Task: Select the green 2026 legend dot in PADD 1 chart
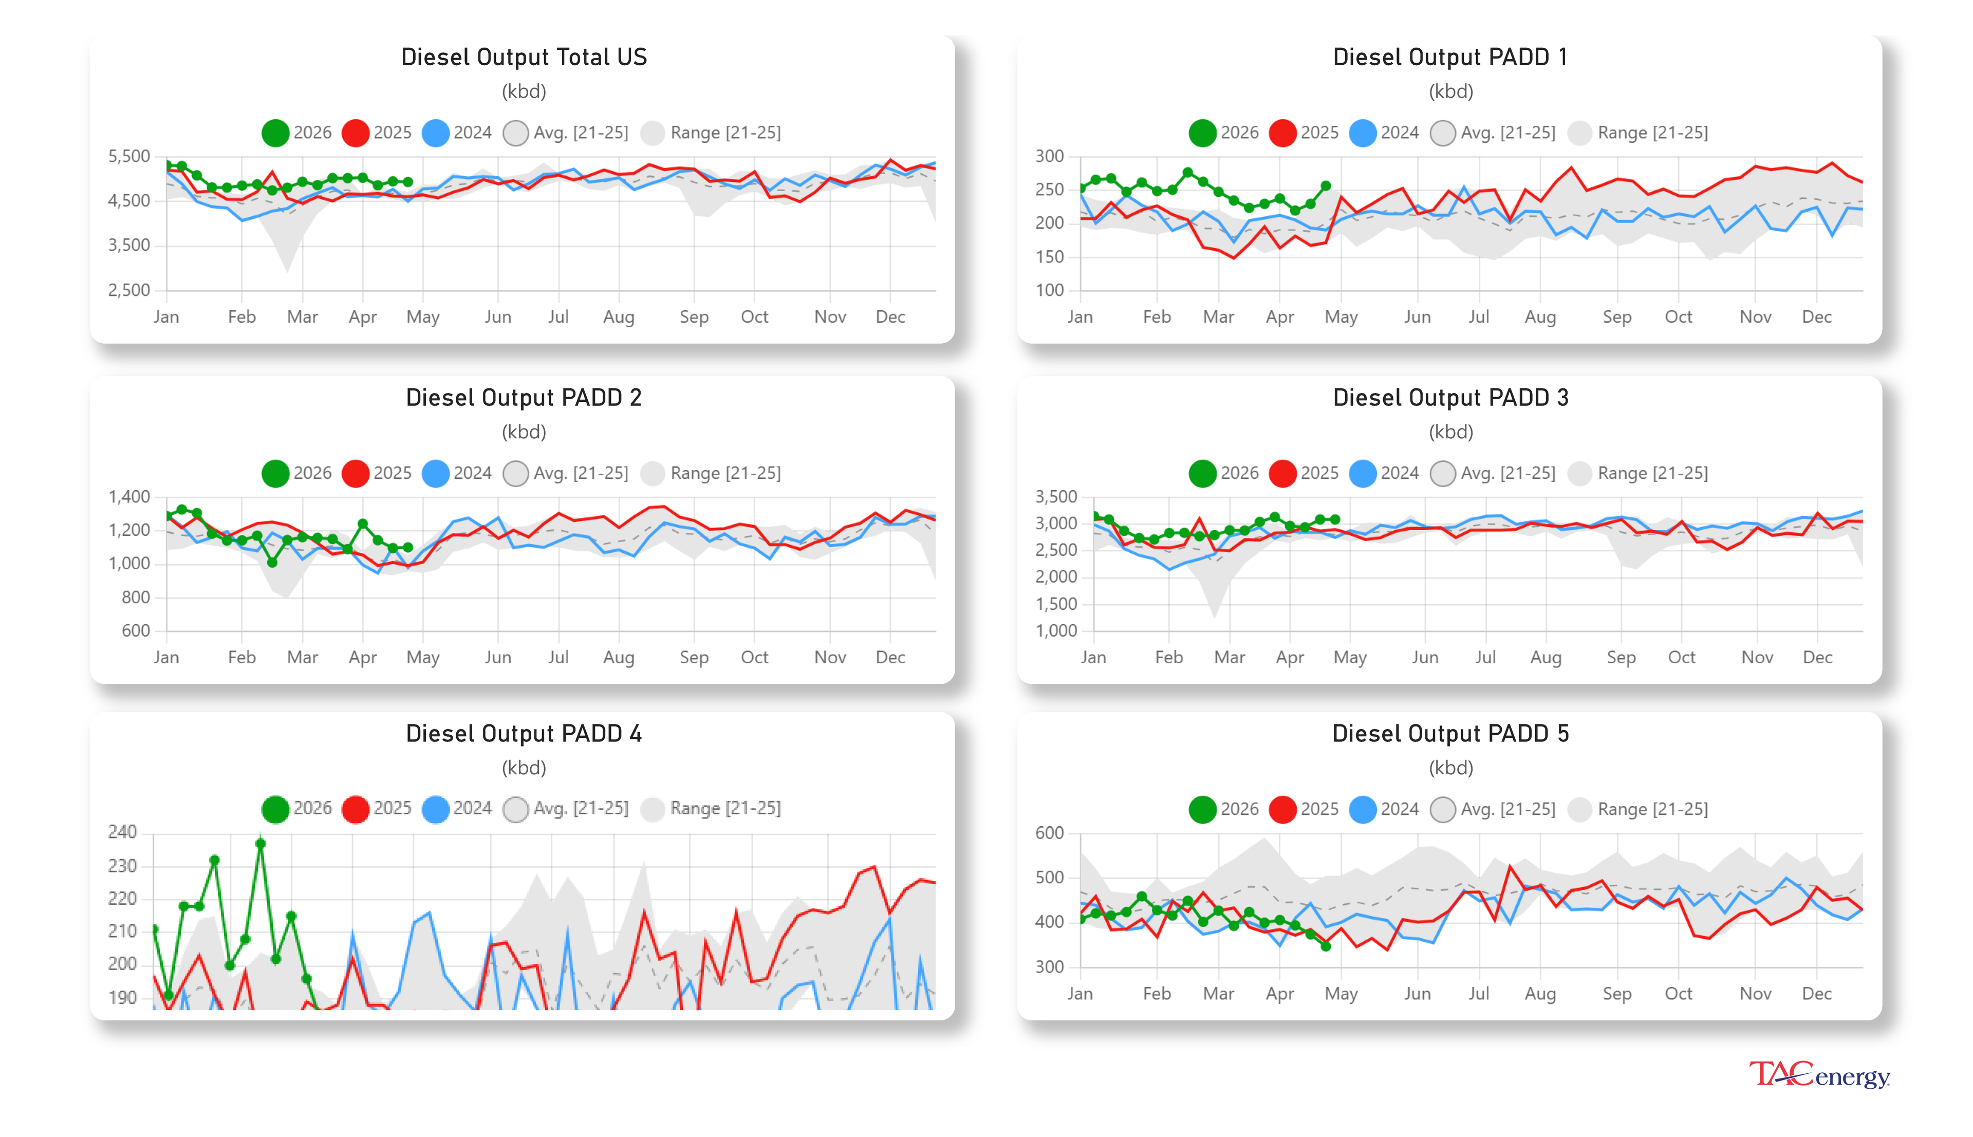(x=1202, y=133)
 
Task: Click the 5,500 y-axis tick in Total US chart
(x=129, y=156)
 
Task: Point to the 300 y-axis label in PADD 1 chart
(x=1049, y=156)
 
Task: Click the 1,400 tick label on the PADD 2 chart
(x=129, y=497)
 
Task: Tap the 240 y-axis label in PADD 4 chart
(x=123, y=832)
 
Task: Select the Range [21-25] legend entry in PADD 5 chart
(x=1651, y=809)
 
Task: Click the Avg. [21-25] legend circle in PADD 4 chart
(x=515, y=809)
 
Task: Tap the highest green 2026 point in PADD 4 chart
(x=261, y=844)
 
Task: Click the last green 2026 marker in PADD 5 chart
(x=1326, y=946)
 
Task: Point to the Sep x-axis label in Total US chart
(x=693, y=317)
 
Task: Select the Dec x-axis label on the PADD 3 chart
(x=1817, y=658)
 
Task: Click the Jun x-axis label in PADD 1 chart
(x=1417, y=317)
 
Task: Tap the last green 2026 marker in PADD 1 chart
(x=1326, y=186)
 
